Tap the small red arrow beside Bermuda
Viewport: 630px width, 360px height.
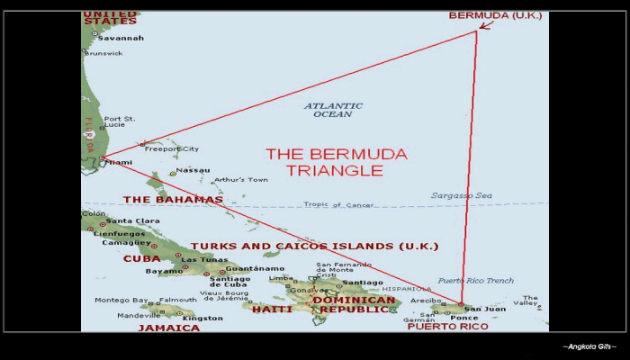486,24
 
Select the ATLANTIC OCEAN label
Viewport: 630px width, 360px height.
333,110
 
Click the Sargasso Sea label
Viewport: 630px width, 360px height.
462,195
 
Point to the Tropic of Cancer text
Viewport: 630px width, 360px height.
340,205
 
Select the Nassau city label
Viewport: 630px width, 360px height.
193,170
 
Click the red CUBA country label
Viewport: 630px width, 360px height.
141,258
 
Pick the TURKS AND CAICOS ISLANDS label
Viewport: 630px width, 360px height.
314,246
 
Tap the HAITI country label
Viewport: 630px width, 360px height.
272,309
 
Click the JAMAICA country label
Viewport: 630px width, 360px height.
168,328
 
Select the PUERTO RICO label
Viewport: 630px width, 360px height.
447,326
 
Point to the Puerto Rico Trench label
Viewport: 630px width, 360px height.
475,281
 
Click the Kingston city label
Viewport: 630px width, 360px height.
202,318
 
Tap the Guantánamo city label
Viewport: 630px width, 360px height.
255,268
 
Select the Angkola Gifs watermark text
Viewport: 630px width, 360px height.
589,346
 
